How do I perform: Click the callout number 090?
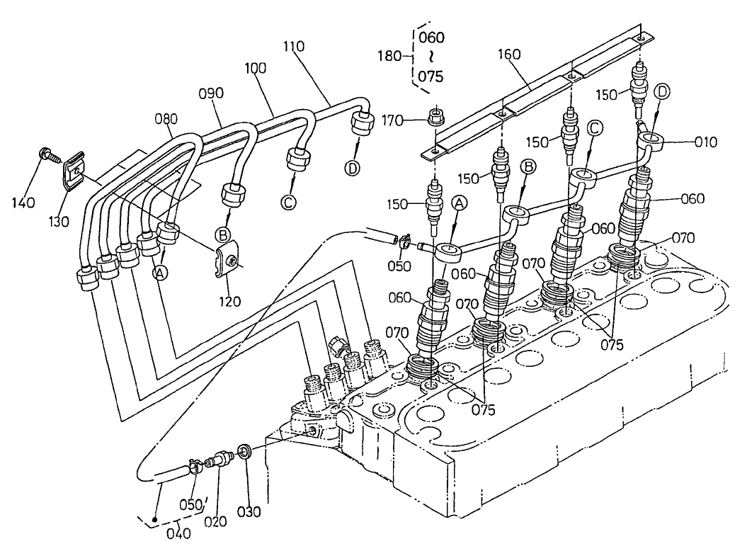[x=210, y=93]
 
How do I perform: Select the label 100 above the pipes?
[x=255, y=69]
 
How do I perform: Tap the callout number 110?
[x=292, y=47]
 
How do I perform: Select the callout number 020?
[x=216, y=521]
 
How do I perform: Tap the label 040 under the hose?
[x=178, y=533]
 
